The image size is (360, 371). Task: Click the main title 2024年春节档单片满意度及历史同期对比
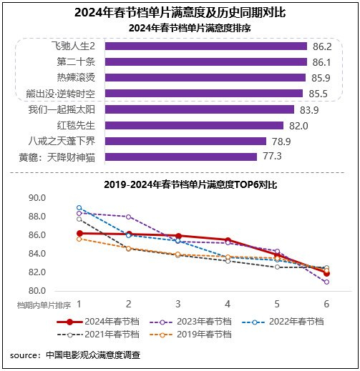[180, 12]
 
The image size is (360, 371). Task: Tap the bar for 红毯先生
[198, 125]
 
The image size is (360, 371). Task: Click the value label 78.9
[299, 141]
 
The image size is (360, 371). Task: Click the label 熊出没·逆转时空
[64, 94]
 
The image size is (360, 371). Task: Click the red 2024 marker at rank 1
[79, 233]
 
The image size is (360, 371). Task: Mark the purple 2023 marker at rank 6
[326, 282]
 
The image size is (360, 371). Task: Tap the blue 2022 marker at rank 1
[79, 207]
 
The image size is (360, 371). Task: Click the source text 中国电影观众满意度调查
[92, 355]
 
